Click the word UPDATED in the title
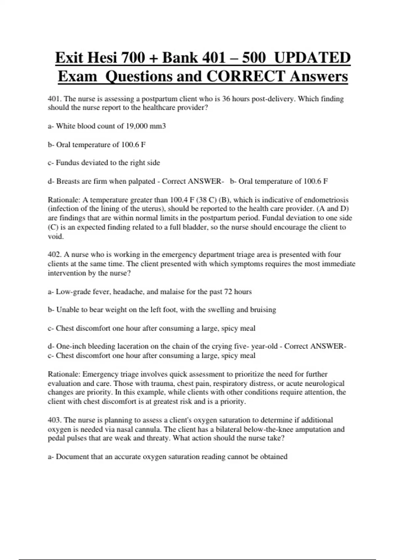pos(312,58)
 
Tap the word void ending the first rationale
pos(55,236)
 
